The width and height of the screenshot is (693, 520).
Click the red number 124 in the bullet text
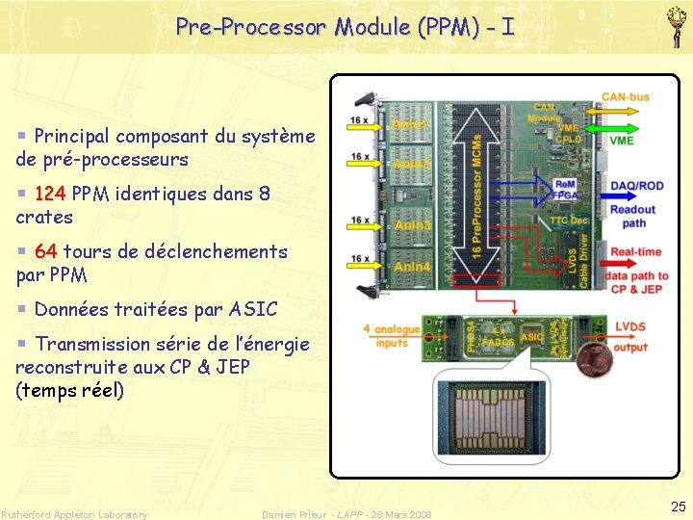[x=50, y=194]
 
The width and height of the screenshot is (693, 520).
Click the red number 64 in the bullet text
[x=45, y=251]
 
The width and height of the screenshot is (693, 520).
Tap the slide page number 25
[x=679, y=507]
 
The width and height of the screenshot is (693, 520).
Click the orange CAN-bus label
[x=625, y=97]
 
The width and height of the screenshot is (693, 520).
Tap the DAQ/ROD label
[x=636, y=186]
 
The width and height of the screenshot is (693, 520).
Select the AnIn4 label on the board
[x=411, y=266]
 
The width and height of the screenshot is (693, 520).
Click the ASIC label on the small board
[x=532, y=337]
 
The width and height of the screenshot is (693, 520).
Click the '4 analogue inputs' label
[x=391, y=336]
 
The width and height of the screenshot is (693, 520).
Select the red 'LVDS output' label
[x=630, y=337]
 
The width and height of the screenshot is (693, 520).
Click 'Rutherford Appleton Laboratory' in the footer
[x=75, y=514]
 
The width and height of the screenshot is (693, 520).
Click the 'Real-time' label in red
[x=636, y=251]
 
